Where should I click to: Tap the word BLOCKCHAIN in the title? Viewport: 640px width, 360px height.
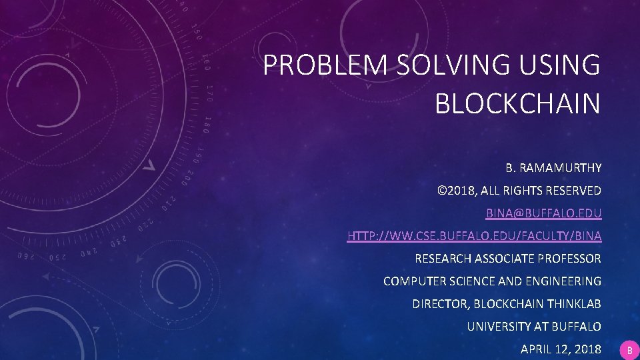517,103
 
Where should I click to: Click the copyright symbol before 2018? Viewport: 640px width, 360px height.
441,191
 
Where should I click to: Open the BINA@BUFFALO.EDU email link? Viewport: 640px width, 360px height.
543,213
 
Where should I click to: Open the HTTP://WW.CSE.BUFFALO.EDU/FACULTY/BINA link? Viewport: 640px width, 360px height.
474,236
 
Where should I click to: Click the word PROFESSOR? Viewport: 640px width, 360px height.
567,259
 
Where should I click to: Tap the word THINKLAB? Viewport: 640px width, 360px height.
573,304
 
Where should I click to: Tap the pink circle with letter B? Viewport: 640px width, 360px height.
629,349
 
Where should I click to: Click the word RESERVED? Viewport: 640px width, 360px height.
573,191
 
